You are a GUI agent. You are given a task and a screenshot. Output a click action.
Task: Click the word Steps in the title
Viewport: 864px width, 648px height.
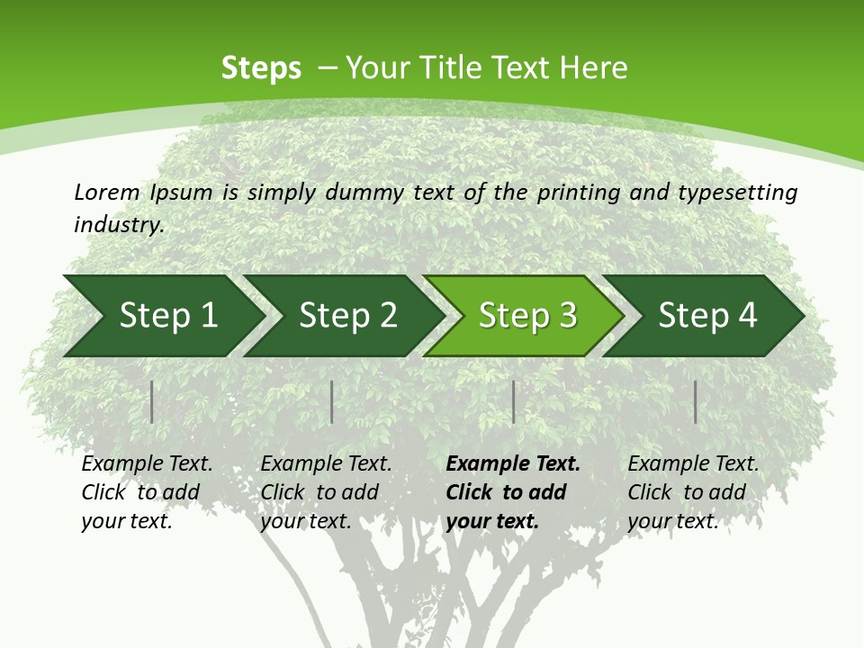261,68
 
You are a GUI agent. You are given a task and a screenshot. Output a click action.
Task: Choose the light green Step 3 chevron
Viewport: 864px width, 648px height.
526,316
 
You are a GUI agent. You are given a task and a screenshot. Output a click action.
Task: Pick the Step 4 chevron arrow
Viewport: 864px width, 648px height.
706,316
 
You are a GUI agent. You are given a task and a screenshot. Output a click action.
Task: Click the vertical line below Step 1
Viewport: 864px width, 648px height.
152,401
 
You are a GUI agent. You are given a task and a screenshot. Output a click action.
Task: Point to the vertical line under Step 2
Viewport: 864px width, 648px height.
332,401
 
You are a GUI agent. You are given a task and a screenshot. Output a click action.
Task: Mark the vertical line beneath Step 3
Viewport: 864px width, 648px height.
513,401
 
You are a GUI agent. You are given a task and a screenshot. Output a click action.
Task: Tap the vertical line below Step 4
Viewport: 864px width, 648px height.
695,401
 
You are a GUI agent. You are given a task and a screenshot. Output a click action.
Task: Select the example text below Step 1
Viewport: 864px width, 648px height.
147,492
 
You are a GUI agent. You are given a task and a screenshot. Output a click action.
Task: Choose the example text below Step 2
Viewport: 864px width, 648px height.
326,492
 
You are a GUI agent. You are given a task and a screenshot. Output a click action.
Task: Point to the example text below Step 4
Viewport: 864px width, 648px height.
693,492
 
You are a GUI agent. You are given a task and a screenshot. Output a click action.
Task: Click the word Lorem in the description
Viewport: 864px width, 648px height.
107,193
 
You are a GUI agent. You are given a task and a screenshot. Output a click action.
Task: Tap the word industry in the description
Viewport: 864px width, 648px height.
119,225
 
